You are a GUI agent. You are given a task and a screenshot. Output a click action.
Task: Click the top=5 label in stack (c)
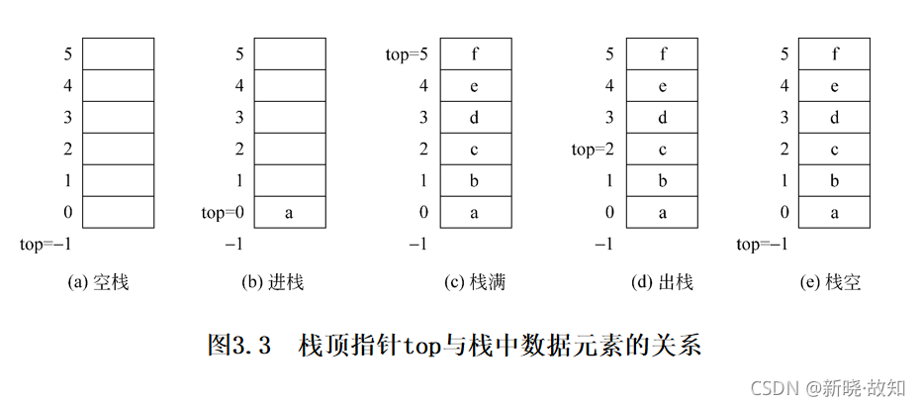pyautogui.click(x=408, y=53)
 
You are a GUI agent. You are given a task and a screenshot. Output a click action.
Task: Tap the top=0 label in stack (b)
pyautogui.click(x=223, y=213)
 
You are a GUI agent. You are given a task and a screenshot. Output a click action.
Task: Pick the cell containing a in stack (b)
pyautogui.click(x=289, y=212)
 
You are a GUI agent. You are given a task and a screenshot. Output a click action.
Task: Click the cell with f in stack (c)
pyautogui.click(x=476, y=53)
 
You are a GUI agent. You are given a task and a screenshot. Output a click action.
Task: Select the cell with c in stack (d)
pyautogui.click(x=663, y=149)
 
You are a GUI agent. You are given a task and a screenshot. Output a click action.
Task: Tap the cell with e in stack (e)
pyautogui.click(x=834, y=85)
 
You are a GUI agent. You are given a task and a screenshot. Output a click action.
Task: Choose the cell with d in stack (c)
pyautogui.click(x=476, y=117)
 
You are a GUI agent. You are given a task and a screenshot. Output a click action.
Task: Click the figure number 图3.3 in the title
pyautogui.click(x=238, y=346)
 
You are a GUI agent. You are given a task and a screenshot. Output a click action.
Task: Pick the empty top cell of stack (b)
pyautogui.click(x=289, y=53)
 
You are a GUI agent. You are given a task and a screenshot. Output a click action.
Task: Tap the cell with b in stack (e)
pyautogui.click(x=834, y=180)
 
